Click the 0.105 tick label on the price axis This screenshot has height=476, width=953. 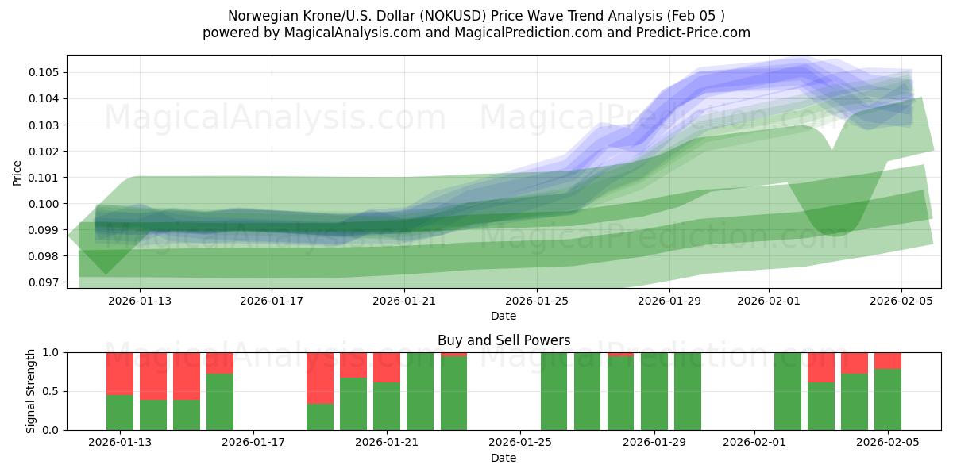click(45, 72)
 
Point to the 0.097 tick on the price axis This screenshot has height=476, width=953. click(45, 282)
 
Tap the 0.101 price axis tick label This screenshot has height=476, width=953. click(45, 178)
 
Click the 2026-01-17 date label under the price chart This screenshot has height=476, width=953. click(272, 301)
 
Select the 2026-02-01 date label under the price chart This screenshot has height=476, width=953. click(769, 301)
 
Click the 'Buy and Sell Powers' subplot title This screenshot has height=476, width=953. click(504, 340)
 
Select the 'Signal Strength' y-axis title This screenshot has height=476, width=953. click(31, 391)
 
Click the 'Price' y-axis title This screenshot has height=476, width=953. click(17, 172)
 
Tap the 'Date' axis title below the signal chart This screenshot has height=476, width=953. click(504, 458)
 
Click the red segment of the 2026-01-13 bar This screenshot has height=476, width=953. click(120, 373)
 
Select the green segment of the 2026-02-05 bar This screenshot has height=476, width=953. click(888, 399)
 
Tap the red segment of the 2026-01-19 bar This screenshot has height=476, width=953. click(320, 378)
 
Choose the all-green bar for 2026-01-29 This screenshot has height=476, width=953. click(654, 391)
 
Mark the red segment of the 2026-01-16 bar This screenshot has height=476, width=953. click(220, 363)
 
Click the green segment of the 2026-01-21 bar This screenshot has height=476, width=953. click(387, 406)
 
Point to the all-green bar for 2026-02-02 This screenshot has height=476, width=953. click(788, 391)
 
